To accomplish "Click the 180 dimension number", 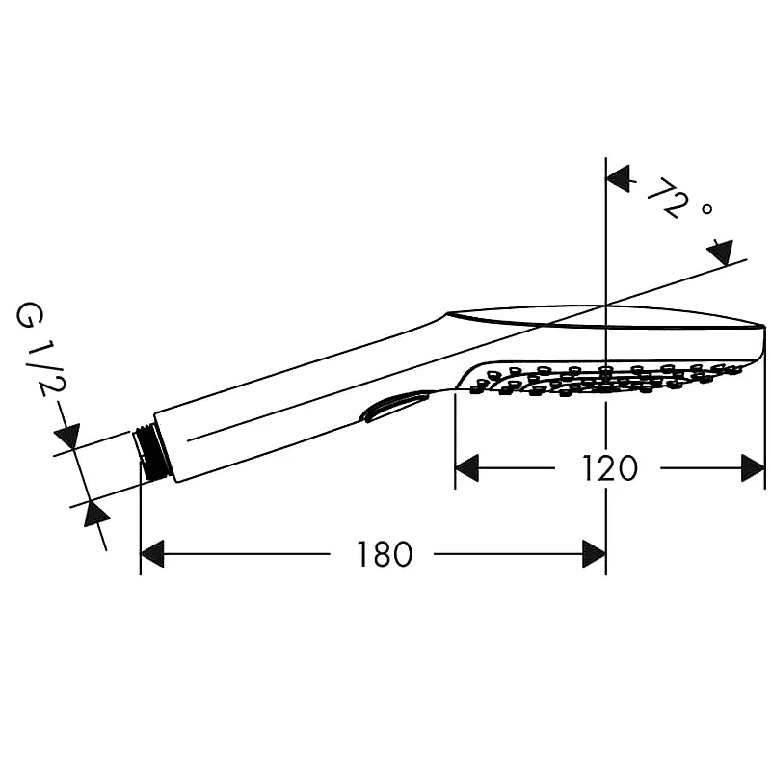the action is click(385, 554).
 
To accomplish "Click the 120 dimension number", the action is click(610, 468).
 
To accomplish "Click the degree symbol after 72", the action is click(706, 209).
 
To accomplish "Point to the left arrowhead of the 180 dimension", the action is click(152, 554).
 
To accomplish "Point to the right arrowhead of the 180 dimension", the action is click(594, 554).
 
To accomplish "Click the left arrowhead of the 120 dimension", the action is click(466, 468).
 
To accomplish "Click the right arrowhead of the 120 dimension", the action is click(754, 468).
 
